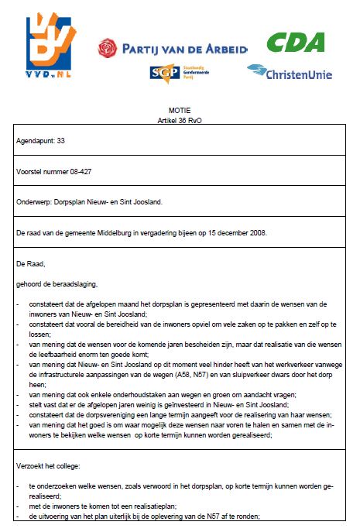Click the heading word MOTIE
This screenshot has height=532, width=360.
180,112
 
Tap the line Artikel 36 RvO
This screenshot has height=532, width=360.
180,122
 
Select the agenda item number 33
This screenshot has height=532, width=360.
62,141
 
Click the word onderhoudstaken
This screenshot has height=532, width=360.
134,393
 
